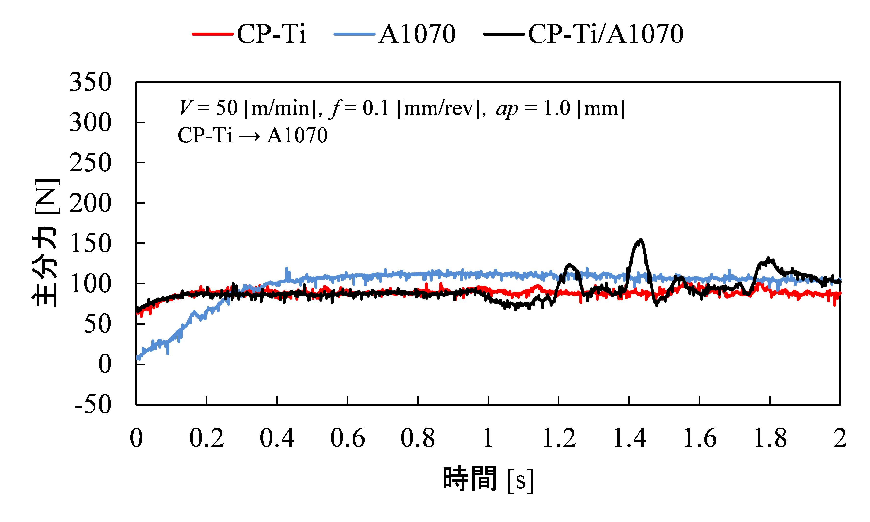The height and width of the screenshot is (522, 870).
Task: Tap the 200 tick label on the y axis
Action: tap(90, 203)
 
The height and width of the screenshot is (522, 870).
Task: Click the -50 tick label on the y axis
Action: tap(93, 405)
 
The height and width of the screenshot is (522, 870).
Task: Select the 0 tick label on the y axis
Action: tap(104, 364)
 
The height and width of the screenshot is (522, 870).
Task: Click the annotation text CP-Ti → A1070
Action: tap(252, 135)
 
